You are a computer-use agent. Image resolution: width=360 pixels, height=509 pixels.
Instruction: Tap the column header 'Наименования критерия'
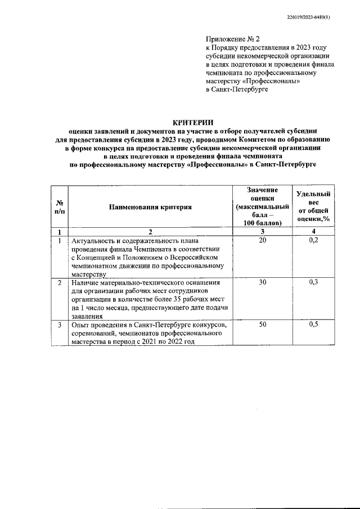coord(150,207)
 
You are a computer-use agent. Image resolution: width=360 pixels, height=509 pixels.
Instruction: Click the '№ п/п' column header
coord(59,207)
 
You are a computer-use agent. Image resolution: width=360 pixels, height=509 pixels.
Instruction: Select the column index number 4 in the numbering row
coord(313,232)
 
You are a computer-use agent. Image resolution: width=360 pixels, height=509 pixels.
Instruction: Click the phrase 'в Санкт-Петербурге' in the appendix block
coord(237,89)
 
